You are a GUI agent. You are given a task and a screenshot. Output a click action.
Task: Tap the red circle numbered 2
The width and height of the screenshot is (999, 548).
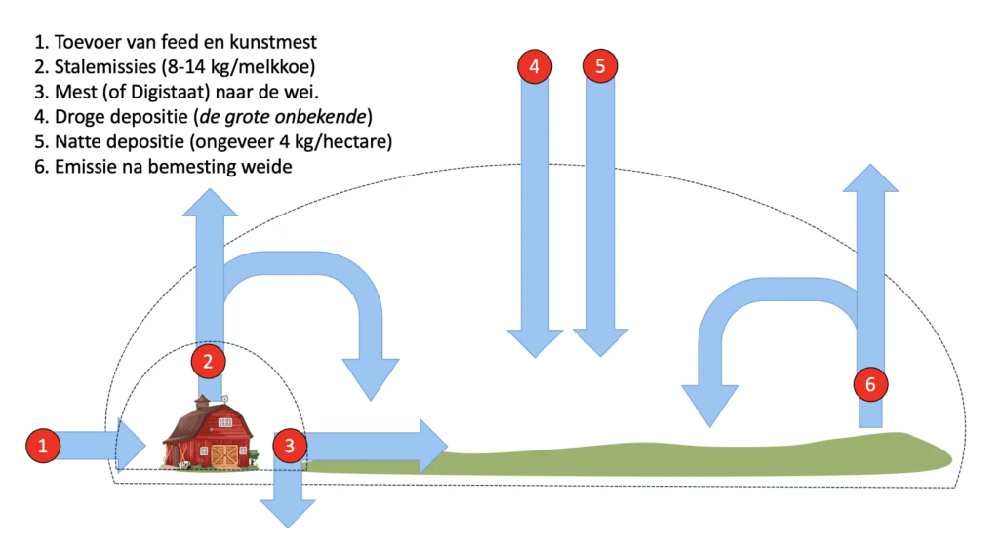208,362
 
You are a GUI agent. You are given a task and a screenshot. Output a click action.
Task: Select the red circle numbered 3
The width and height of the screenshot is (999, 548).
290,446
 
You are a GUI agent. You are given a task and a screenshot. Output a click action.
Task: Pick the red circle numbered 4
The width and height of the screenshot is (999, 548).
534,67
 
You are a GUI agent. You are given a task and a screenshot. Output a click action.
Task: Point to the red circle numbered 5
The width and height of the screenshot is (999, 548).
600,67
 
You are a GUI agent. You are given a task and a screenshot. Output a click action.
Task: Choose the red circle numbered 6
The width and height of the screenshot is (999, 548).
870,384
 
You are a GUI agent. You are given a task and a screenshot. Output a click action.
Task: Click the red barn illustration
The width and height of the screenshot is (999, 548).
209,434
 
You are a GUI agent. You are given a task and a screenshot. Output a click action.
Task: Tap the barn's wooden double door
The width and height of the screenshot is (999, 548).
224,455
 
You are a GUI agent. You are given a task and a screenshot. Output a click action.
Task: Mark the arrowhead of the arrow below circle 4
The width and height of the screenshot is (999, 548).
534,342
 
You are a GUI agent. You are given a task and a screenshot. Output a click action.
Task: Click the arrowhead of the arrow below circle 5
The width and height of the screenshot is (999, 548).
600,342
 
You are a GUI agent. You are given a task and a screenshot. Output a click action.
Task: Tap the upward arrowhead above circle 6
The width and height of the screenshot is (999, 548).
870,180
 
